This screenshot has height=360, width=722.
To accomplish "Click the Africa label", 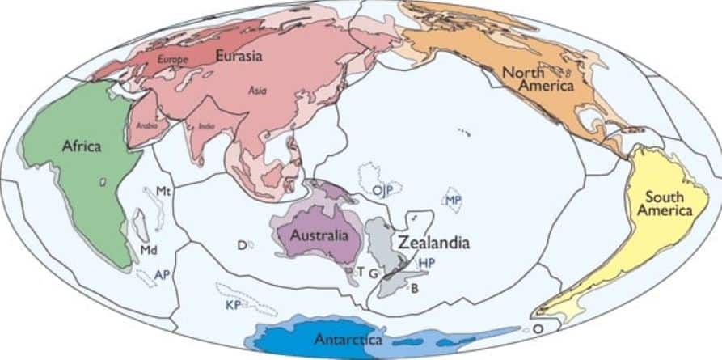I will (x=81, y=146).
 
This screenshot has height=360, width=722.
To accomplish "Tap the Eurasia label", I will (x=240, y=56).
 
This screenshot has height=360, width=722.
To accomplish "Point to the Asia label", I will (x=258, y=91).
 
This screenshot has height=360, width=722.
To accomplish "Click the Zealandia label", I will (x=433, y=242).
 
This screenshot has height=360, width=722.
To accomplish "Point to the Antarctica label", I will (x=348, y=340).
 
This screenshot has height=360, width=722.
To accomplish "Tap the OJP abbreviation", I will (x=383, y=191).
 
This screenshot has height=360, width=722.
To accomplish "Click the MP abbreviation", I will (x=454, y=199).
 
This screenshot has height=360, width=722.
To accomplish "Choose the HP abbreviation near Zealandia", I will (x=427, y=263).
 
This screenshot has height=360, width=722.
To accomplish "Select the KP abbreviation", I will (x=234, y=305).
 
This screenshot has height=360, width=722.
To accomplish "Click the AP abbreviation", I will (x=162, y=276).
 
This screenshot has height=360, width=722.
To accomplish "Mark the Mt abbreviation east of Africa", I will (x=163, y=192).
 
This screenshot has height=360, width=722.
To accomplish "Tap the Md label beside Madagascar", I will (x=148, y=250).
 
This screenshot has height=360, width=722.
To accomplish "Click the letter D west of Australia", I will (x=241, y=245).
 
